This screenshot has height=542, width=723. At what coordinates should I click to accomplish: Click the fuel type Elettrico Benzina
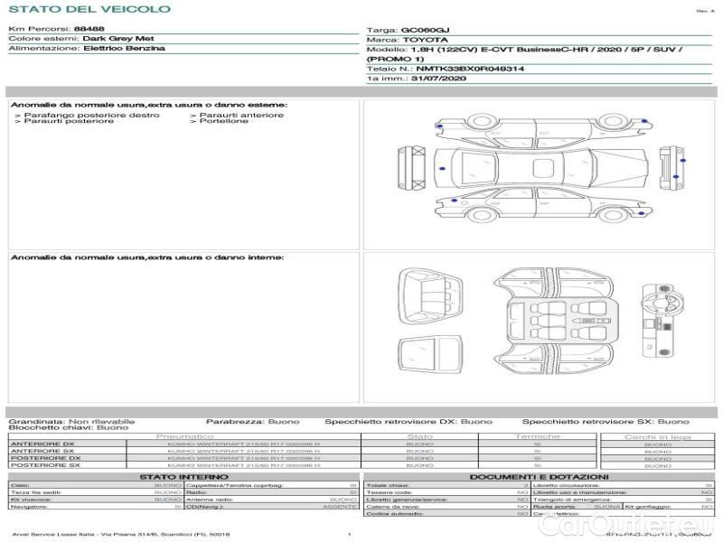point(123,48)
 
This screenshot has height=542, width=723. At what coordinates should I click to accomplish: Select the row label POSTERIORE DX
point(45,458)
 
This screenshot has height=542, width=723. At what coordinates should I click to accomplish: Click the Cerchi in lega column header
point(657,436)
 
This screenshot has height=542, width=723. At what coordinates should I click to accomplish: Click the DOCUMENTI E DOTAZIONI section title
point(539,476)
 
